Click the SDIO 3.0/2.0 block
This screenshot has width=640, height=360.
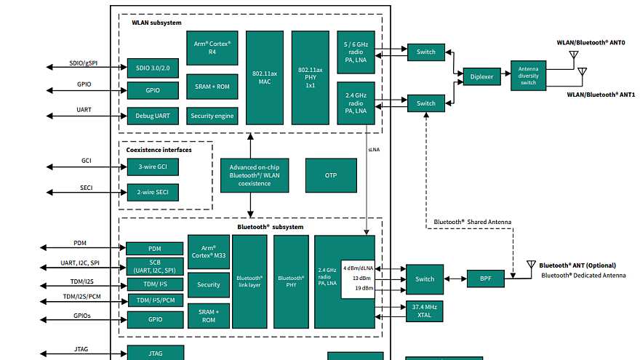click(153, 68)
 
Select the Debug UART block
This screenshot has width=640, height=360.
click(153, 116)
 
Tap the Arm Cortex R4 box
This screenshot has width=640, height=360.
click(212, 48)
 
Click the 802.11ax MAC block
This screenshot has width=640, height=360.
click(264, 77)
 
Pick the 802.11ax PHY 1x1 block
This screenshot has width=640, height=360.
click(311, 77)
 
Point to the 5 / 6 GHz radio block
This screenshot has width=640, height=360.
click(356, 52)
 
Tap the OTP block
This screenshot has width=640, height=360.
click(331, 175)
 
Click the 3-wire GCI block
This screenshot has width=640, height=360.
click(153, 167)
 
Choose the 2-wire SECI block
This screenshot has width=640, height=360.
click(153, 193)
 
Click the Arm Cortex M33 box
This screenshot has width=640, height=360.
click(209, 252)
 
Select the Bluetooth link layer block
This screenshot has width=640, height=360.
click(249, 281)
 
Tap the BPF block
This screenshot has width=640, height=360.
click(485, 279)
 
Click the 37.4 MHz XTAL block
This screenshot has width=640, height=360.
click(424, 311)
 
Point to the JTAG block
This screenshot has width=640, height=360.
click(156, 353)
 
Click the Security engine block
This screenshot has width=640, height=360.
click(212, 116)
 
